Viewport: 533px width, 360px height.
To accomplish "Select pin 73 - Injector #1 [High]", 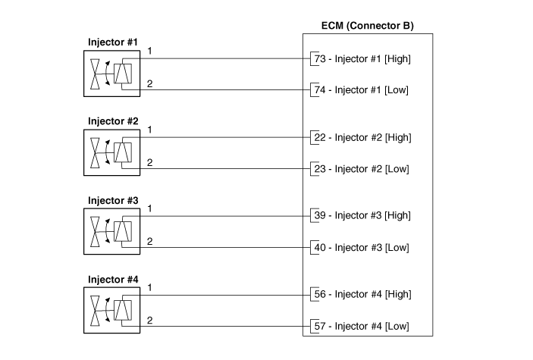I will tap(362, 58).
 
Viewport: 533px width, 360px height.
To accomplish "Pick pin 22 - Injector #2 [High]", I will tap(362, 137).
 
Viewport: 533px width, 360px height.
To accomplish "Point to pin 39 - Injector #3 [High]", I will tap(362, 216).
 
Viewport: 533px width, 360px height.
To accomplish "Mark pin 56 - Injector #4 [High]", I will tap(362, 295).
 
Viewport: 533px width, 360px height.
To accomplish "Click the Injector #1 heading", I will tap(113, 42).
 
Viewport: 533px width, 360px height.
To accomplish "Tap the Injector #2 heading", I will tap(113, 121).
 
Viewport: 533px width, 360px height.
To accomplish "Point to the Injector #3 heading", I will tap(113, 200).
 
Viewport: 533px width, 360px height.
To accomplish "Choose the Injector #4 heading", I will tap(113, 279).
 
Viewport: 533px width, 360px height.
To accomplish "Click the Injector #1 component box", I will tap(112, 74).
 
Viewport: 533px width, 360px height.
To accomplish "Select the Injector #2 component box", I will tap(112, 152).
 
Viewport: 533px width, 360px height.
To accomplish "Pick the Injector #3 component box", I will tap(112, 231).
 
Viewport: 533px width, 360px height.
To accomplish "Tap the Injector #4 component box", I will tap(112, 310).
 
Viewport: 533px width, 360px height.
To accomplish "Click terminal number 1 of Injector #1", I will tap(150, 51).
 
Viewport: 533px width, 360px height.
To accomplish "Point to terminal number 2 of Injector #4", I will tap(150, 321).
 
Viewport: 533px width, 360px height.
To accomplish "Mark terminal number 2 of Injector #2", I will tap(150, 162).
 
